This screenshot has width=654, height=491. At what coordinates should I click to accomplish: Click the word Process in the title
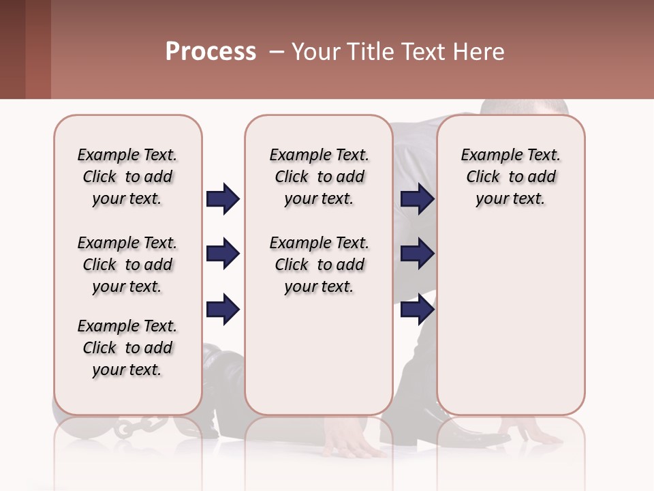(211, 52)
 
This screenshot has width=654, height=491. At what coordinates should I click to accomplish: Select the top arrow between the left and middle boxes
(223, 199)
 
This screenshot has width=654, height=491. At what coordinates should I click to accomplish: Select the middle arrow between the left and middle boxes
(223, 254)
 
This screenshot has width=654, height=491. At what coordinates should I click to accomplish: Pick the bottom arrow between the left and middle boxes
(223, 310)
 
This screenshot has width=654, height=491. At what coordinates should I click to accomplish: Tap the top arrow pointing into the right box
(417, 199)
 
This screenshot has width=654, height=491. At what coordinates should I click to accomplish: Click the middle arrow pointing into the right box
(417, 254)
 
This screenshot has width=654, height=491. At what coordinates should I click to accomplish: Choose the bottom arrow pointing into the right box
(417, 310)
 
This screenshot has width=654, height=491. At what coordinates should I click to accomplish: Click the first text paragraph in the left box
(127, 177)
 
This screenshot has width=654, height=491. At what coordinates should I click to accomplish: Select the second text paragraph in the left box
(127, 265)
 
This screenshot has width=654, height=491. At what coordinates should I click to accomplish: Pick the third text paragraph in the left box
(127, 348)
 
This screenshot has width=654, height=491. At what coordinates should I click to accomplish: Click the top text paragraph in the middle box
(319, 177)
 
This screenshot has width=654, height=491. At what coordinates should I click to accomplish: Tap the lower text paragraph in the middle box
(319, 265)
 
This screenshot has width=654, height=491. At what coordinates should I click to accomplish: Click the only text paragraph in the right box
(510, 177)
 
